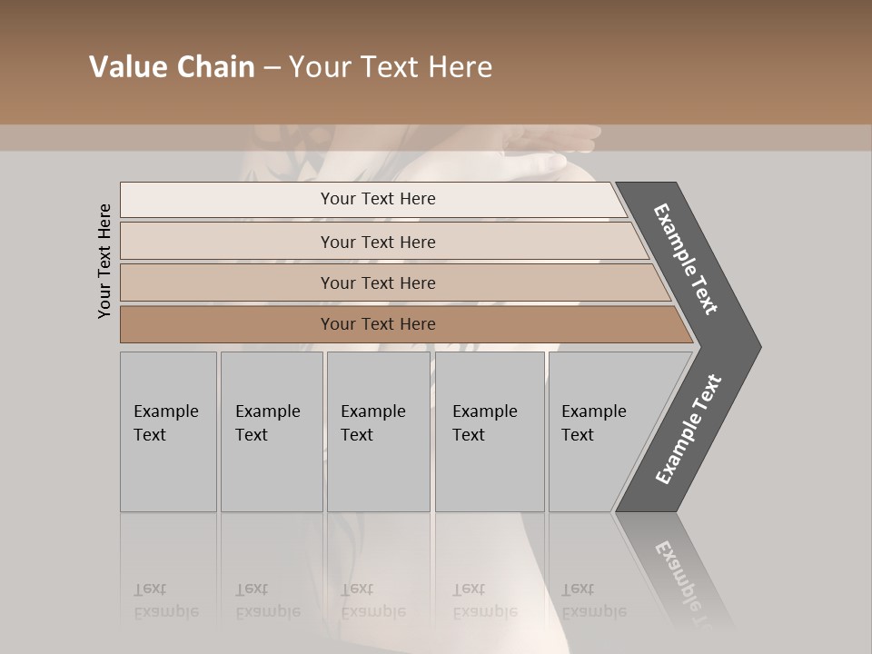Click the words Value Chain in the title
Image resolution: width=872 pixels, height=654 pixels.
172,67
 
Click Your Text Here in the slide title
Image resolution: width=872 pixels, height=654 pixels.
391,67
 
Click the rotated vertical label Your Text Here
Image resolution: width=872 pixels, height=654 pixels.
104,261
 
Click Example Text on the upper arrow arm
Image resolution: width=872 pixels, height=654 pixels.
686,259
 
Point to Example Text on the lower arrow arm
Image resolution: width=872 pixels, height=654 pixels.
689,430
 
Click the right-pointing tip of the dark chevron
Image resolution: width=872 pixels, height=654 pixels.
754,346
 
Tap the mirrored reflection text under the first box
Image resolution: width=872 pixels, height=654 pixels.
165,600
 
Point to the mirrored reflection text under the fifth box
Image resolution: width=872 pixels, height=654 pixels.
593,600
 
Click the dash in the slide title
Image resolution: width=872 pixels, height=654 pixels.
272,68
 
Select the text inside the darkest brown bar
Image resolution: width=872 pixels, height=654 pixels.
378,324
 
